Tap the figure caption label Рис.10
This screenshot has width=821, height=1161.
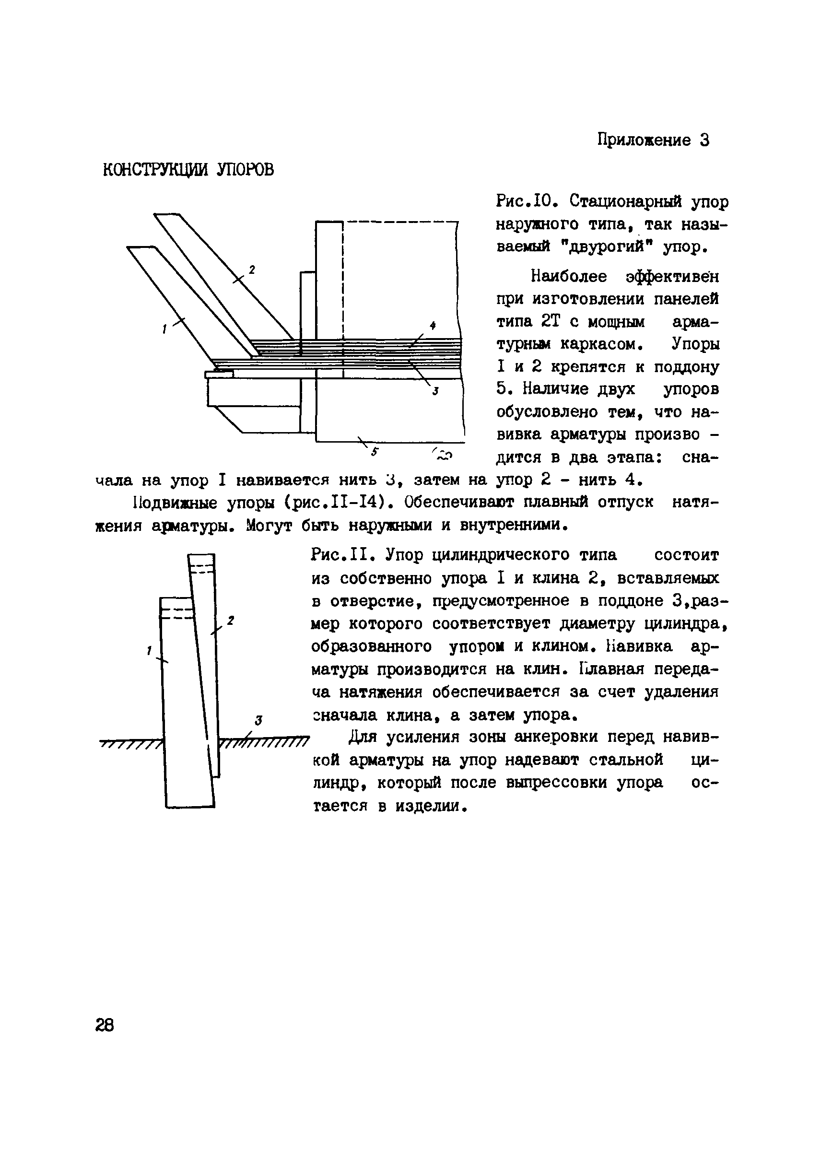[528, 202]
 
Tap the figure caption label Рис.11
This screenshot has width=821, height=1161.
[342, 555]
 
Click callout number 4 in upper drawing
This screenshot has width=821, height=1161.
[432, 326]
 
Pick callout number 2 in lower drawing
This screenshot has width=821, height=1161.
[230, 620]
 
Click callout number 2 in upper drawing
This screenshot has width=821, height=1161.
[252, 270]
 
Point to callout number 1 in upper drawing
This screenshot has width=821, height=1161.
[165, 329]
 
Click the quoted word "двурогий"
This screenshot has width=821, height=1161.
[611, 247]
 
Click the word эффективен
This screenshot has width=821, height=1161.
[672, 277]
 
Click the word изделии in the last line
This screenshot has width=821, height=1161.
[430, 806]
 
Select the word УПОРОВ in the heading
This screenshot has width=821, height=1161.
[245, 170]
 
